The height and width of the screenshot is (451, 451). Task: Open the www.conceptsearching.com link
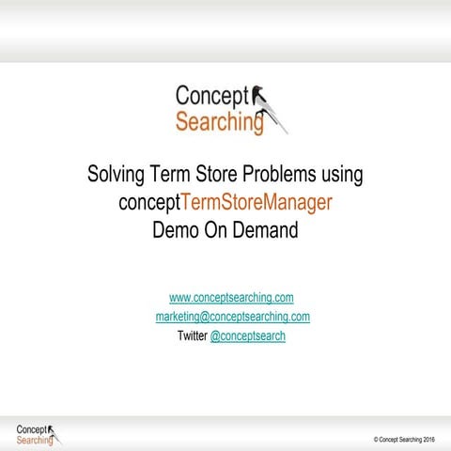tap(231, 298)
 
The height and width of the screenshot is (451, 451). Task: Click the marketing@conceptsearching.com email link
tap(232, 317)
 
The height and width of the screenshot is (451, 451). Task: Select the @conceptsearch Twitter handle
tap(248, 335)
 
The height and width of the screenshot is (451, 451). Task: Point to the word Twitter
tap(193, 335)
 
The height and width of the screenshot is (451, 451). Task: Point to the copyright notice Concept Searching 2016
tap(404, 439)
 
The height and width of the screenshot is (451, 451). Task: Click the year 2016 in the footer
tap(428, 439)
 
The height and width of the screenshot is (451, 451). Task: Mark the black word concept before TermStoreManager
tap(150, 202)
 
